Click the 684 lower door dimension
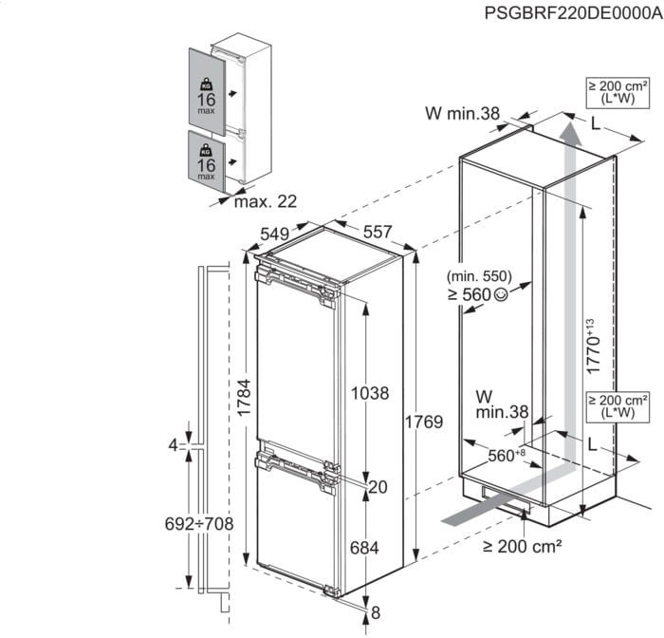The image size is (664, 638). point(363,548)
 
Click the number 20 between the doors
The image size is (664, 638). point(378,487)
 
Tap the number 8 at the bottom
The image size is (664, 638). point(376,611)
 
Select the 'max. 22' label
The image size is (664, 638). point(266,201)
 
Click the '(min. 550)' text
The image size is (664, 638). point(481,276)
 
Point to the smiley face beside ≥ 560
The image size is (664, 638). point(501,295)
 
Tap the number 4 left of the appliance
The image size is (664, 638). point(173,444)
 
